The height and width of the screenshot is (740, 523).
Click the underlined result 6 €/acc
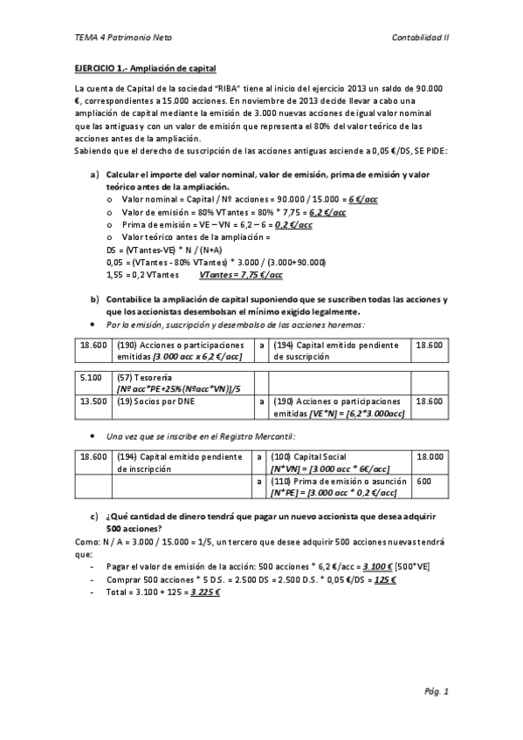[x=363, y=200]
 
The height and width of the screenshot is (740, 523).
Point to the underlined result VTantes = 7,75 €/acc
[x=241, y=274]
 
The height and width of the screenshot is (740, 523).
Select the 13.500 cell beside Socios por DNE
[x=93, y=401]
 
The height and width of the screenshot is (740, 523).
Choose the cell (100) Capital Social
[x=309, y=456]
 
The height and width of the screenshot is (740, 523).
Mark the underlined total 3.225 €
[x=205, y=592]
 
